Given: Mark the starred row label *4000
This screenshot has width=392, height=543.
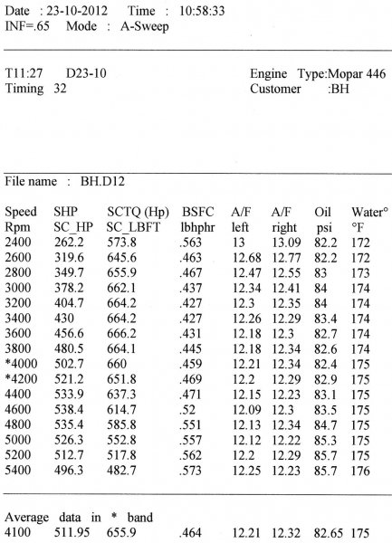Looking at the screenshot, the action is (19, 364).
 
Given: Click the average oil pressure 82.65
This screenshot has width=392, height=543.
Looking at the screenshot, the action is (326, 534).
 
